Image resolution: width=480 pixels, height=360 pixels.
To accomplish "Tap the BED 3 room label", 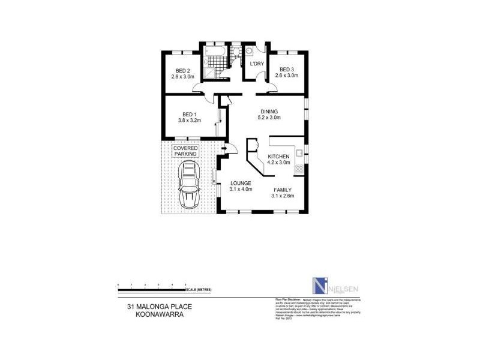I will coord(286,70).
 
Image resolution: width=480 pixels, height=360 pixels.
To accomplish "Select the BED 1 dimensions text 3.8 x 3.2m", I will coord(189,120).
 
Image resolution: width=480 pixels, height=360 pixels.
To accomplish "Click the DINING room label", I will coord(268,111).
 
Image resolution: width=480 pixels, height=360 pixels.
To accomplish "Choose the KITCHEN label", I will coord(279,156).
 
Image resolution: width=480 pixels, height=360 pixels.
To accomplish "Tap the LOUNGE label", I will coord(239,183).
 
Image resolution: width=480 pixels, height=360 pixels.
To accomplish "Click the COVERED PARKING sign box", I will coord(185,151).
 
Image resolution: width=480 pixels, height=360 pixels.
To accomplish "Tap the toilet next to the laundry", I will coord(238,53).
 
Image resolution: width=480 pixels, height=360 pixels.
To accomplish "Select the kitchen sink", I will coord(298,155).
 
